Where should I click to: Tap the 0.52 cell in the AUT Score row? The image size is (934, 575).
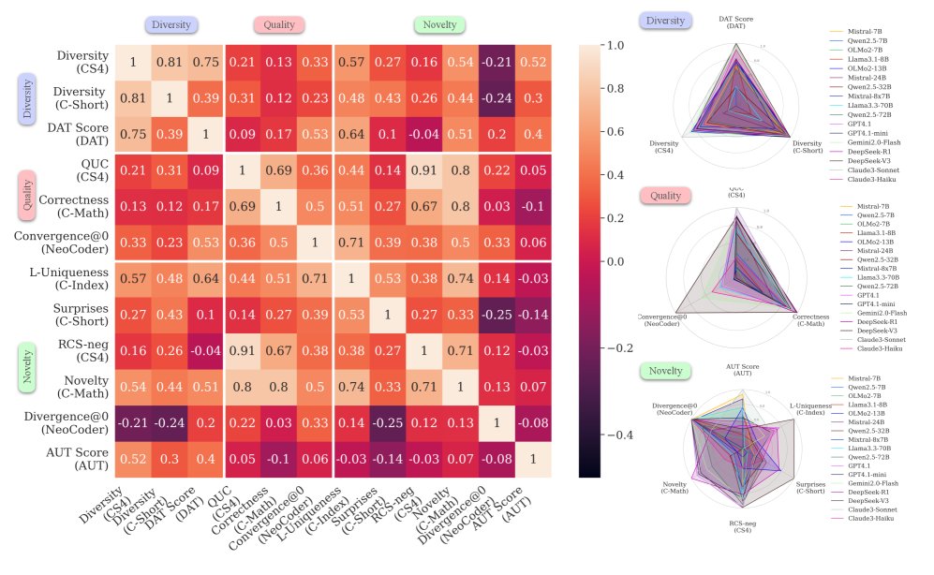tap(133, 459)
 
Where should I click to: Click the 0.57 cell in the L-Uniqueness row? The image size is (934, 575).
tap(133, 278)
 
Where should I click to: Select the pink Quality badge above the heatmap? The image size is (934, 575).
tap(278, 25)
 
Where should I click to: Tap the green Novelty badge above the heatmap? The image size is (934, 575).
tap(439, 25)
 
